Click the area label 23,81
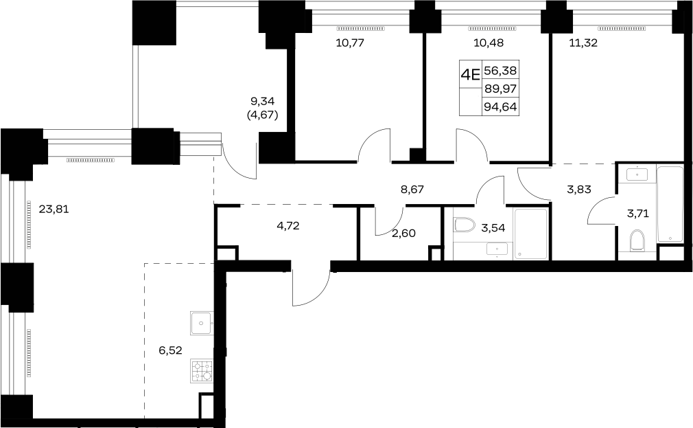coord(54,209)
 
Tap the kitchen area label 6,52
coord(171,350)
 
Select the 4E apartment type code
coord(470,74)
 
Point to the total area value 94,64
coord(500,107)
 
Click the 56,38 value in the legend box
coord(500,70)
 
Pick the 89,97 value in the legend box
coord(500,89)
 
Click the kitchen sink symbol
coord(202,323)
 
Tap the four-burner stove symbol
coord(202,371)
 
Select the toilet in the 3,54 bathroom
coord(464,225)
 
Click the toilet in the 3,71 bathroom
coord(637,240)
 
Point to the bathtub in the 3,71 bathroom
coord(670,204)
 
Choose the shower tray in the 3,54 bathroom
coord(531,234)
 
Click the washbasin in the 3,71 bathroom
coord(637,174)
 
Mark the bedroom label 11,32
coord(583,43)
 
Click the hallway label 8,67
coord(412,190)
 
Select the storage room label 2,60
coord(403,234)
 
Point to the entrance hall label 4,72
coord(287,226)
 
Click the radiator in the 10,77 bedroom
coord(361,28)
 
